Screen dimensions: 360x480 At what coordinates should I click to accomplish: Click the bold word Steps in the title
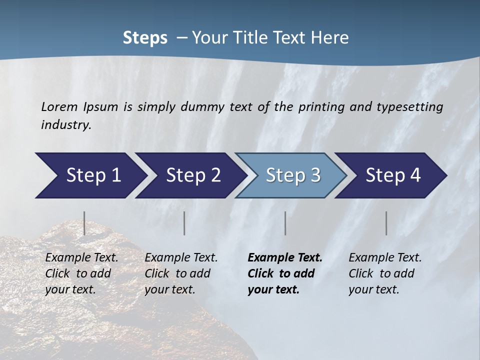(x=145, y=38)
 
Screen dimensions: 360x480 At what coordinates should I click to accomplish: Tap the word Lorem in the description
(x=59, y=106)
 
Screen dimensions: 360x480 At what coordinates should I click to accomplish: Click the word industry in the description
(x=65, y=124)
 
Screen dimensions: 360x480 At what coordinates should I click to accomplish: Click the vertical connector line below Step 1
(x=84, y=223)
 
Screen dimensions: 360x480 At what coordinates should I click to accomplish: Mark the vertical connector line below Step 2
(x=184, y=223)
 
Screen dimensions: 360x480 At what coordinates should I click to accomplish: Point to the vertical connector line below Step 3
(x=285, y=223)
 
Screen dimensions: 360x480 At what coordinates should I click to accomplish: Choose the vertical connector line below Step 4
(x=386, y=223)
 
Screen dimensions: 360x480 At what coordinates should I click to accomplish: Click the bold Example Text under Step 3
(x=285, y=258)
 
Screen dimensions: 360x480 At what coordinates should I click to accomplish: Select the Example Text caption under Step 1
(x=81, y=258)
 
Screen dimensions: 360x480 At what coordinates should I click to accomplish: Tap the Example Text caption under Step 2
(x=181, y=258)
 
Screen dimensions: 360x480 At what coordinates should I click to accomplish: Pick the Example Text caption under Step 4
(x=385, y=258)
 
